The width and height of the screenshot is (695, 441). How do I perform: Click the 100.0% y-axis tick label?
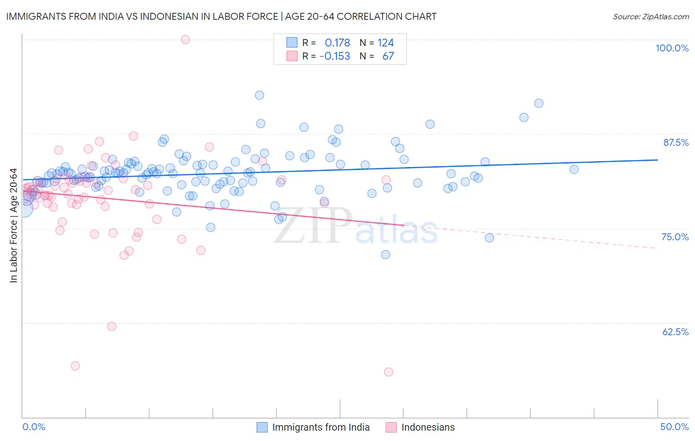[672, 48]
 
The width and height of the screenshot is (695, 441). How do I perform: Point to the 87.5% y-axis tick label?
[676, 142]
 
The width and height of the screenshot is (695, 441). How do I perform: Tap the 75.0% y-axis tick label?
[675, 237]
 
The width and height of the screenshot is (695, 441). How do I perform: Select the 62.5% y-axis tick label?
[675, 332]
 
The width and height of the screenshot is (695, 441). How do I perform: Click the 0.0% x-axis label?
[34, 427]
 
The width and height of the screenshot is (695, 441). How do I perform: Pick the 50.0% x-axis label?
[674, 427]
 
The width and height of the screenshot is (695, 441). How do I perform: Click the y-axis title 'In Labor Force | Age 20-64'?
[14, 225]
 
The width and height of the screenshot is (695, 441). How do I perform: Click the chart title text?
[221, 16]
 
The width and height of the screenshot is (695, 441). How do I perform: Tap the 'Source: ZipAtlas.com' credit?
[651, 16]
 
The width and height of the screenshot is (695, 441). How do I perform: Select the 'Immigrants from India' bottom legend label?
[321, 427]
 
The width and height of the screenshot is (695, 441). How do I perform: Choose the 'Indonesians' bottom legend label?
[428, 427]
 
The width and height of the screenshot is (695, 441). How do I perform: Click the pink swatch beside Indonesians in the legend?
[391, 427]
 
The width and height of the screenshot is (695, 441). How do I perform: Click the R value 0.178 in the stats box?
[337, 43]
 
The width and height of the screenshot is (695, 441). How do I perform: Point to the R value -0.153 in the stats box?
[335, 56]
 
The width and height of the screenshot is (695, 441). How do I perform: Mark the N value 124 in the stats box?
[386, 43]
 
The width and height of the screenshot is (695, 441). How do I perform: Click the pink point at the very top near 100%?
[185, 40]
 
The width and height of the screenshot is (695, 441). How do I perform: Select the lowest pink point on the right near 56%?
[389, 372]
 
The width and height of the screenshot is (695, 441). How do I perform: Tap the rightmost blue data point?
[574, 169]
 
